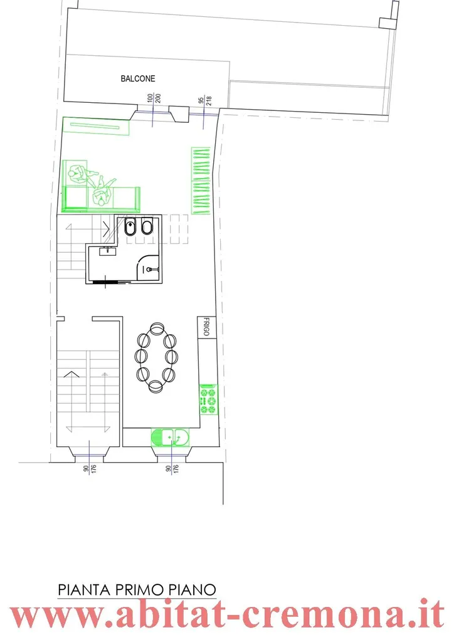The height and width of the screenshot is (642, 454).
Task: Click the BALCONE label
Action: [137, 78]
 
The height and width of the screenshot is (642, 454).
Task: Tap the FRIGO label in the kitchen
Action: [206, 326]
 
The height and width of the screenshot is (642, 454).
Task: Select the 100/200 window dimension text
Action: [154, 98]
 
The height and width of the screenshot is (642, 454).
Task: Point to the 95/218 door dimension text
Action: [204, 101]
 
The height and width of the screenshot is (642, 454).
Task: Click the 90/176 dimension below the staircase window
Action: [90, 468]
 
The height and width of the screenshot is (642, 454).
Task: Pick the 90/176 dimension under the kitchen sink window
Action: [172, 468]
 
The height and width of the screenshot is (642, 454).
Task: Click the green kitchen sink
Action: [170, 437]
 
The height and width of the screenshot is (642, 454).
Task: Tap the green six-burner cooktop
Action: [208, 399]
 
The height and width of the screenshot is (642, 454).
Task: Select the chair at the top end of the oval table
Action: [157, 329]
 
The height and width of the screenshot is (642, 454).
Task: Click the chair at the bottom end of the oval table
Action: [156, 386]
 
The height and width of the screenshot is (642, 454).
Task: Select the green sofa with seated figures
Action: [101, 186]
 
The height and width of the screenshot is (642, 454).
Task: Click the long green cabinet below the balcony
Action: [96, 126]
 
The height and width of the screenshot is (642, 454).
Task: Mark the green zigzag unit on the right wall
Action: [201, 181]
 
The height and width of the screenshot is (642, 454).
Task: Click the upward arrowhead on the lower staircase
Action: [71, 374]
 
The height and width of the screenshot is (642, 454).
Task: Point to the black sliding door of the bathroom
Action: [110, 282]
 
